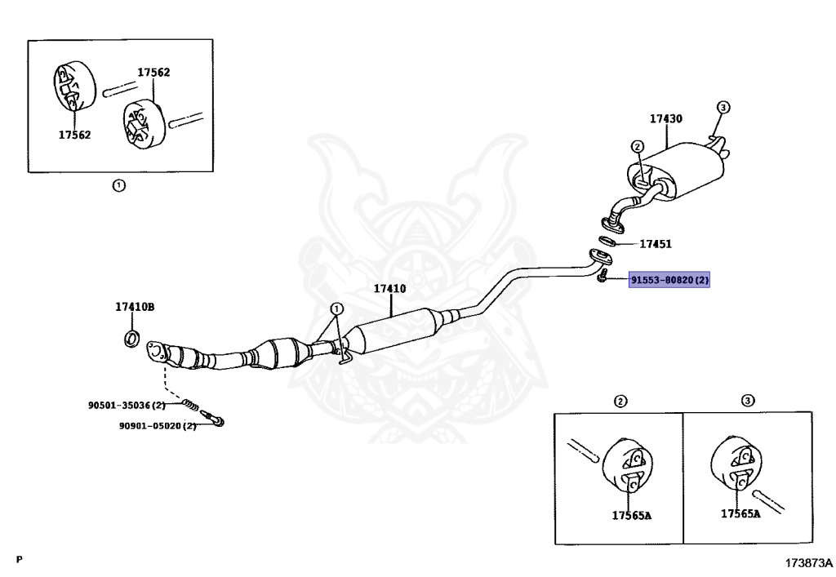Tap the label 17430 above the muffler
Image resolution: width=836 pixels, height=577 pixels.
[666, 119]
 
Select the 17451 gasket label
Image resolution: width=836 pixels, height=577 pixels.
[656, 244]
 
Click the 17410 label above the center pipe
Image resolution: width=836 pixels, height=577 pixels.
[389, 289]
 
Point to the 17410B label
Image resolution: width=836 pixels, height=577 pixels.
[135, 307]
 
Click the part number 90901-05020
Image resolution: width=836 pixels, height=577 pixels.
[151, 426]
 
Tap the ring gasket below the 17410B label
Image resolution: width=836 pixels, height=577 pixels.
[131, 339]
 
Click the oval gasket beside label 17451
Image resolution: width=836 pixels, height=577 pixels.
[607, 242]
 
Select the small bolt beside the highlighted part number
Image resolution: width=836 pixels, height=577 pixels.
[603, 276]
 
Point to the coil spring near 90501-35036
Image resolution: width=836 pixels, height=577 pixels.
[190, 405]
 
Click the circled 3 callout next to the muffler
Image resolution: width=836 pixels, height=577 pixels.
[723, 108]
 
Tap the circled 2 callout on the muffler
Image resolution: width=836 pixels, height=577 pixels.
[638, 147]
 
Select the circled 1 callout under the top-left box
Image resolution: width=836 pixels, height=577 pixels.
[118, 186]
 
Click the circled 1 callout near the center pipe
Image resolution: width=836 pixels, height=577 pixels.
[336, 309]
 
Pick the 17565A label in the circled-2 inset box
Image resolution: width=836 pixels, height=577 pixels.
[632, 515]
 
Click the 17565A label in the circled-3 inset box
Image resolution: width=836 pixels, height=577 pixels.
[740, 513]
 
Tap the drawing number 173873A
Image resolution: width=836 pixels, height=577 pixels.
[808, 562]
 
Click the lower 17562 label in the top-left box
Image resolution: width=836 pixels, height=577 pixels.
[74, 135]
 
